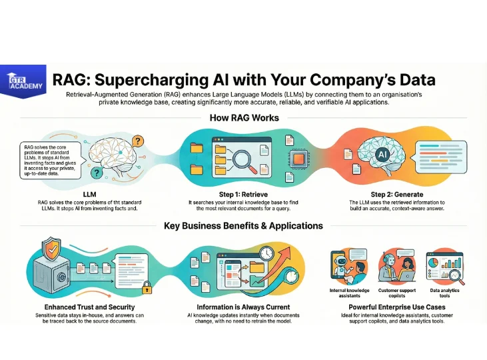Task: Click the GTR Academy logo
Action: (x=23, y=81)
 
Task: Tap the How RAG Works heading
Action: (x=244, y=118)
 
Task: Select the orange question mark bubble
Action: (x=138, y=142)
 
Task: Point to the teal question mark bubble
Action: (x=97, y=173)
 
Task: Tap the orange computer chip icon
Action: (x=298, y=159)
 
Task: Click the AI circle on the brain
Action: (x=382, y=154)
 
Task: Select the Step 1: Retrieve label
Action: (x=243, y=195)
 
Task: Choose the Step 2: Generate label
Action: (x=397, y=195)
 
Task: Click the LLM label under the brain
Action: (x=89, y=195)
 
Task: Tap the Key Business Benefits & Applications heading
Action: (x=244, y=226)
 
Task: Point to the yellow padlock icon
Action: (x=147, y=288)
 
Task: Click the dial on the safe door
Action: (x=61, y=276)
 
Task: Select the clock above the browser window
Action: (x=266, y=253)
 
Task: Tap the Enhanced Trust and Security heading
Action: (x=89, y=307)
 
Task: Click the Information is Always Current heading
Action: (x=243, y=307)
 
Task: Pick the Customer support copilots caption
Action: (x=397, y=293)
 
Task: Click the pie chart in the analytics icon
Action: (x=433, y=263)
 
